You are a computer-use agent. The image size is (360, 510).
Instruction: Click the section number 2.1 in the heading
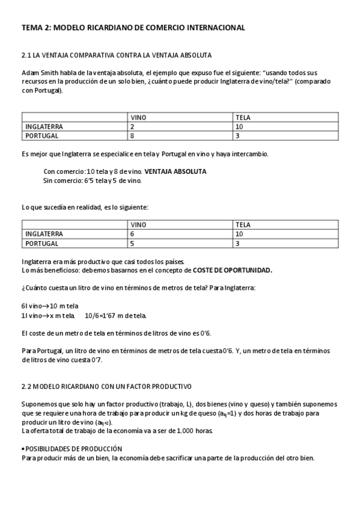[x=26, y=55]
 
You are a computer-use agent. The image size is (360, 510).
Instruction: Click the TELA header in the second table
[x=243, y=225]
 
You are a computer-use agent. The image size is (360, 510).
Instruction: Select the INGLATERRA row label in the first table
[x=44, y=127]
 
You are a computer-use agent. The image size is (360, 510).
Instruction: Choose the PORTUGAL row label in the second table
[x=41, y=243]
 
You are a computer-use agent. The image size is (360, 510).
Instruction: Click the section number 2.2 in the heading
[x=26, y=386]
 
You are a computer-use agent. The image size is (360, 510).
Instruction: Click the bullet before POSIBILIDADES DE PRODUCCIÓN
[x=23, y=448]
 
